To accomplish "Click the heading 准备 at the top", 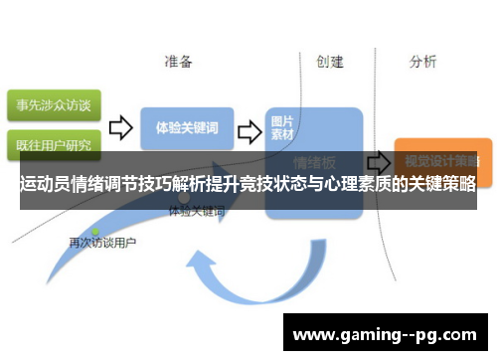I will tap(179, 62).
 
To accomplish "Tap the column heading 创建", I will tap(330, 62).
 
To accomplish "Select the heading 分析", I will tap(422, 62).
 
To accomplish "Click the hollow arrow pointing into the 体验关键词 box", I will tap(120, 128).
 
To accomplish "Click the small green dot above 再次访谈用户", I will tap(95, 232).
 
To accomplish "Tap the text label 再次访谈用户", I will tap(102, 243).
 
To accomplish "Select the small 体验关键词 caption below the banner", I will tap(197, 212).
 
